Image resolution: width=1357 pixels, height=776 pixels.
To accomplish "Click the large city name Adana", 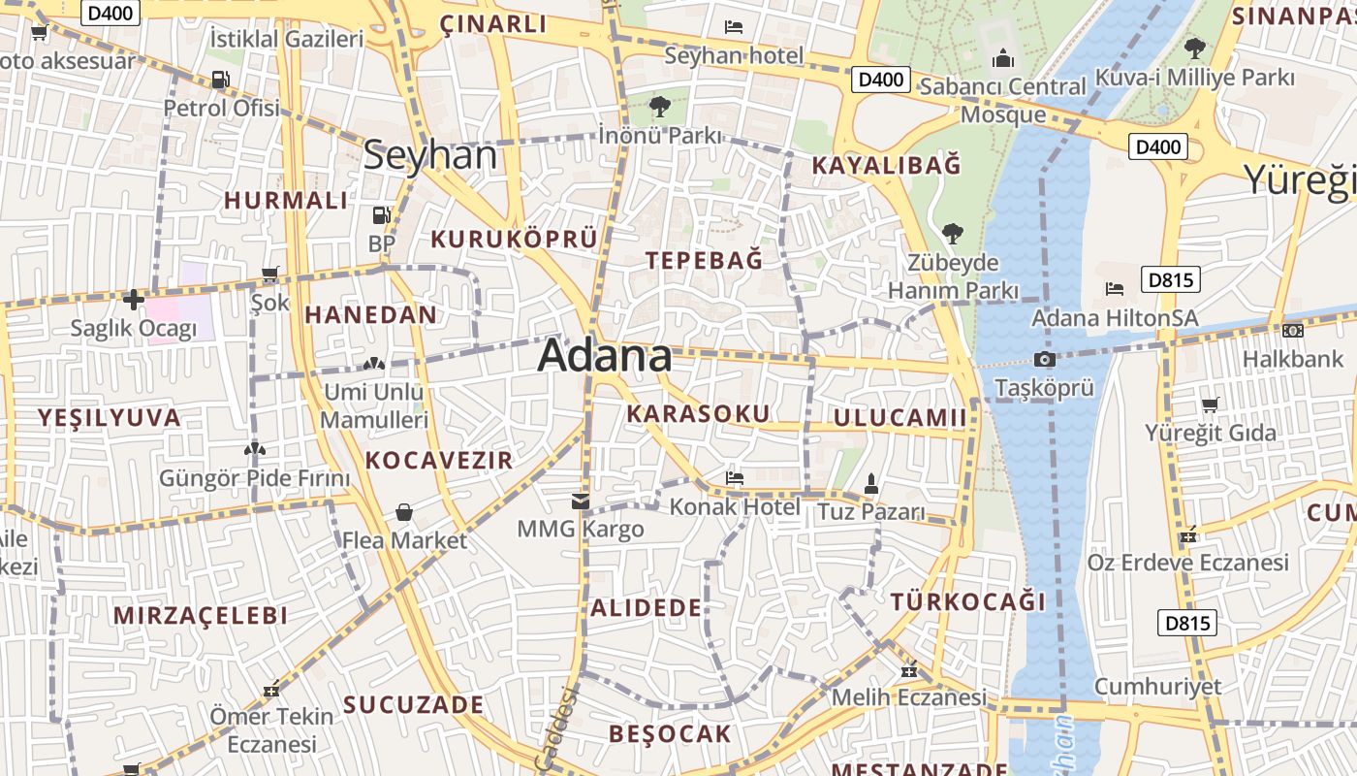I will [x=604, y=356].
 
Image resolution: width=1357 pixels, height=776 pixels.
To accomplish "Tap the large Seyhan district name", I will [x=429, y=156].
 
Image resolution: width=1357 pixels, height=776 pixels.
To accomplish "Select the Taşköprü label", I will [x=1044, y=388].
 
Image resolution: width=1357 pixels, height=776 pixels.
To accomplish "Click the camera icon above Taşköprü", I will [x=1044, y=360].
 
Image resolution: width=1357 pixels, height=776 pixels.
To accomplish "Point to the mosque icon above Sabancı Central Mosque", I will [x=1002, y=59].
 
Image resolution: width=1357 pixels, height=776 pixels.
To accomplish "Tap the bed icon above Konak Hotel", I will [x=735, y=478].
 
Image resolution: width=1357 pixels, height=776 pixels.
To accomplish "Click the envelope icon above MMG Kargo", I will [x=581, y=501].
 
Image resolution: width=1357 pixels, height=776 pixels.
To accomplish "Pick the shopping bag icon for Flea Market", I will [x=404, y=512].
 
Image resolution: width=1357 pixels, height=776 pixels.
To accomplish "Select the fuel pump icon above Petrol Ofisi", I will [x=220, y=80].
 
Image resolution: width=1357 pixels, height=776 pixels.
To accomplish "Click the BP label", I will [x=382, y=242].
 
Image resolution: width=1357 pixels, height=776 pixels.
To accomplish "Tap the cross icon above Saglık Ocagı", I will [x=134, y=300].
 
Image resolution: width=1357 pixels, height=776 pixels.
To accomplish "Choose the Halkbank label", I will [x=1292, y=359].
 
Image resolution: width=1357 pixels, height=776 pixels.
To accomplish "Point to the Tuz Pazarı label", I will [x=871, y=511].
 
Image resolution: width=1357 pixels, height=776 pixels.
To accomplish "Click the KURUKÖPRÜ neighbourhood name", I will [x=514, y=239].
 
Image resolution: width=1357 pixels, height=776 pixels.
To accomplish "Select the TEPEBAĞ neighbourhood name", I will [x=704, y=260].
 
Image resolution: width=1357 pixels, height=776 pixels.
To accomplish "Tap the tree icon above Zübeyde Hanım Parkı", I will [x=952, y=234].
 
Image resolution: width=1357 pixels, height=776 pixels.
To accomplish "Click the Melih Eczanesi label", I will [x=909, y=696].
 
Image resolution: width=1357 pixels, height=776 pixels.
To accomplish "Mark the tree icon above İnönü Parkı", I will [x=660, y=106].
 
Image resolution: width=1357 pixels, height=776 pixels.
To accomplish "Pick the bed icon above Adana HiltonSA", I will [x=1115, y=289].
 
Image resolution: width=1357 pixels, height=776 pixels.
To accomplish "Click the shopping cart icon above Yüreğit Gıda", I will [x=1210, y=404].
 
